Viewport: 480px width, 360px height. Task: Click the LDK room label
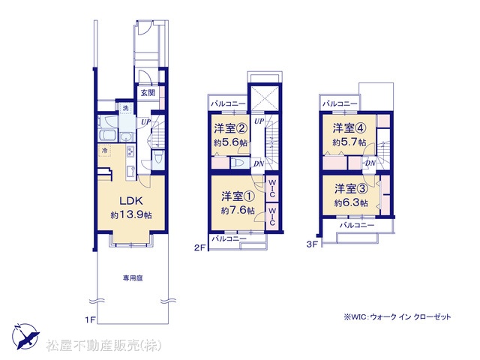(131, 201)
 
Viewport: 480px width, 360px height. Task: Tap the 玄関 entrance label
(148, 92)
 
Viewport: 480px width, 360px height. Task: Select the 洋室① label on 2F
(238, 196)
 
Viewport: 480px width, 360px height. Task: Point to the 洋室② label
(230, 128)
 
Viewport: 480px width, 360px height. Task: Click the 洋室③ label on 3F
(351, 188)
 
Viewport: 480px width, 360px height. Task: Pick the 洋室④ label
(349, 128)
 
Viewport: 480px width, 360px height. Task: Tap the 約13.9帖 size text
(131, 215)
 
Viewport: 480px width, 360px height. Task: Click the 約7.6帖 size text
(238, 210)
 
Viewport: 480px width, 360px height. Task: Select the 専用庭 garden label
(133, 278)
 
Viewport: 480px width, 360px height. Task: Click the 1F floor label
(91, 320)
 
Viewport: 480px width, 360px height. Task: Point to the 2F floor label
(199, 247)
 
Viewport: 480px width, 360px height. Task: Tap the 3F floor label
(312, 244)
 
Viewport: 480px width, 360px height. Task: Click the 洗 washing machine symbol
(125, 108)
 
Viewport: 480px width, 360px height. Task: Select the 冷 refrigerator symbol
(105, 151)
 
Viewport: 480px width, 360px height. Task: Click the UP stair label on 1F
(146, 121)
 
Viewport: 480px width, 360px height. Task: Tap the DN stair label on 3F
(370, 163)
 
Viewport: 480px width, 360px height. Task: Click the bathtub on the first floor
(107, 135)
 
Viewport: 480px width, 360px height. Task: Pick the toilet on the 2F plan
(238, 163)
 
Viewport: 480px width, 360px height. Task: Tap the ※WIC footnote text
(397, 316)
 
